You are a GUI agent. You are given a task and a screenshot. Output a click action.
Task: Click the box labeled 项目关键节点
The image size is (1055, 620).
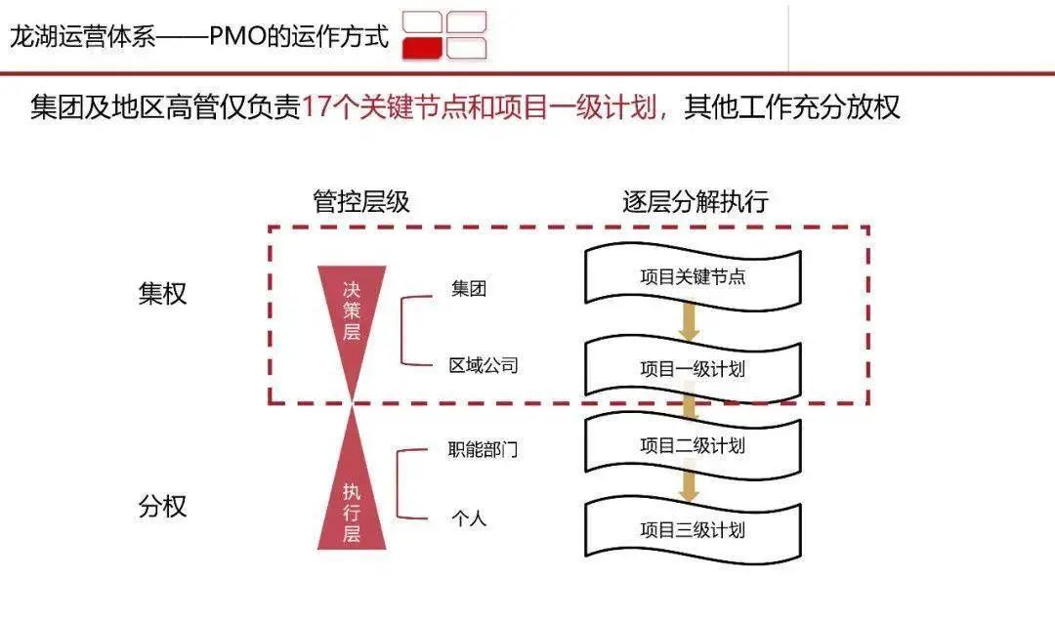click(693, 277)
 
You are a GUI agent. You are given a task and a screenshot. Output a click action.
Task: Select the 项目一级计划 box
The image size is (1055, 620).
click(693, 369)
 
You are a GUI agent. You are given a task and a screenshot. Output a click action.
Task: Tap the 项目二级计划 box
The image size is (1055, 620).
click(693, 446)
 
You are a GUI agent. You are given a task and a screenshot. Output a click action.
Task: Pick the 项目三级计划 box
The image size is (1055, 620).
click(693, 530)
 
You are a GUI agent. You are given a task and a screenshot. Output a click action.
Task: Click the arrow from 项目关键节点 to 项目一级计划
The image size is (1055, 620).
click(690, 322)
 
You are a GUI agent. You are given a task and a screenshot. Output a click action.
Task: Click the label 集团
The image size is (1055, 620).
click(469, 289)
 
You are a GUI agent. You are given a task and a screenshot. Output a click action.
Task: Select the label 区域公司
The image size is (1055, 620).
click(484, 366)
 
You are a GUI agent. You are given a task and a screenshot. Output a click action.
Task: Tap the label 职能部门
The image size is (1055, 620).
click(484, 450)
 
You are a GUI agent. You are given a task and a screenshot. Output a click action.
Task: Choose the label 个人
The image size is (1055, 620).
click(469, 518)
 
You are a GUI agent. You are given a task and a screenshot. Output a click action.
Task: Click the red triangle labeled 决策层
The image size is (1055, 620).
click(352, 312)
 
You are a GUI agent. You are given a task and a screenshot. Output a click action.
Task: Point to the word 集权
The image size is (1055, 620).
click(162, 294)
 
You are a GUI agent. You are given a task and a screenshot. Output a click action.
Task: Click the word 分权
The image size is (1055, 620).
click(162, 507)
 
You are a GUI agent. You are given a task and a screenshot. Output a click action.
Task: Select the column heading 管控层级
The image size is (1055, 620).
click(361, 202)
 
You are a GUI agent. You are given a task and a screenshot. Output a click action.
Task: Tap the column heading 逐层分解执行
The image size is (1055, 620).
click(696, 202)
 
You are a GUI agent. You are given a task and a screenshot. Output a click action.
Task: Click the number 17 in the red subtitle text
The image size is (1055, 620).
click(315, 106)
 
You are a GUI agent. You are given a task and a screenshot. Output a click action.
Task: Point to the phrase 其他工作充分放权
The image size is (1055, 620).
click(791, 106)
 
